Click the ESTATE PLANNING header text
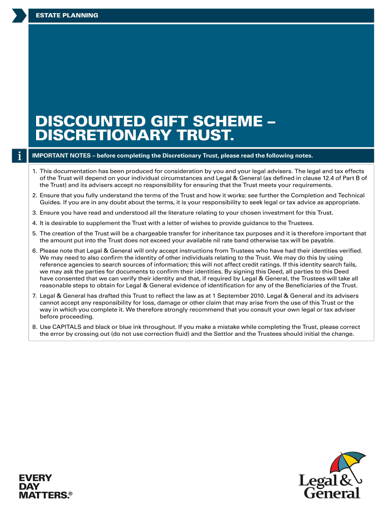[x=67, y=16]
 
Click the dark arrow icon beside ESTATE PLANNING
[x=19, y=16]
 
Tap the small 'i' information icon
[x=19, y=157]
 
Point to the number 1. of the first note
[x=35, y=171]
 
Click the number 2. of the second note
[x=35, y=195]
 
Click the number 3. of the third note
[x=35, y=213]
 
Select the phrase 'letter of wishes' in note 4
[x=196, y=223]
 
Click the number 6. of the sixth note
[x=35, y=250]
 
